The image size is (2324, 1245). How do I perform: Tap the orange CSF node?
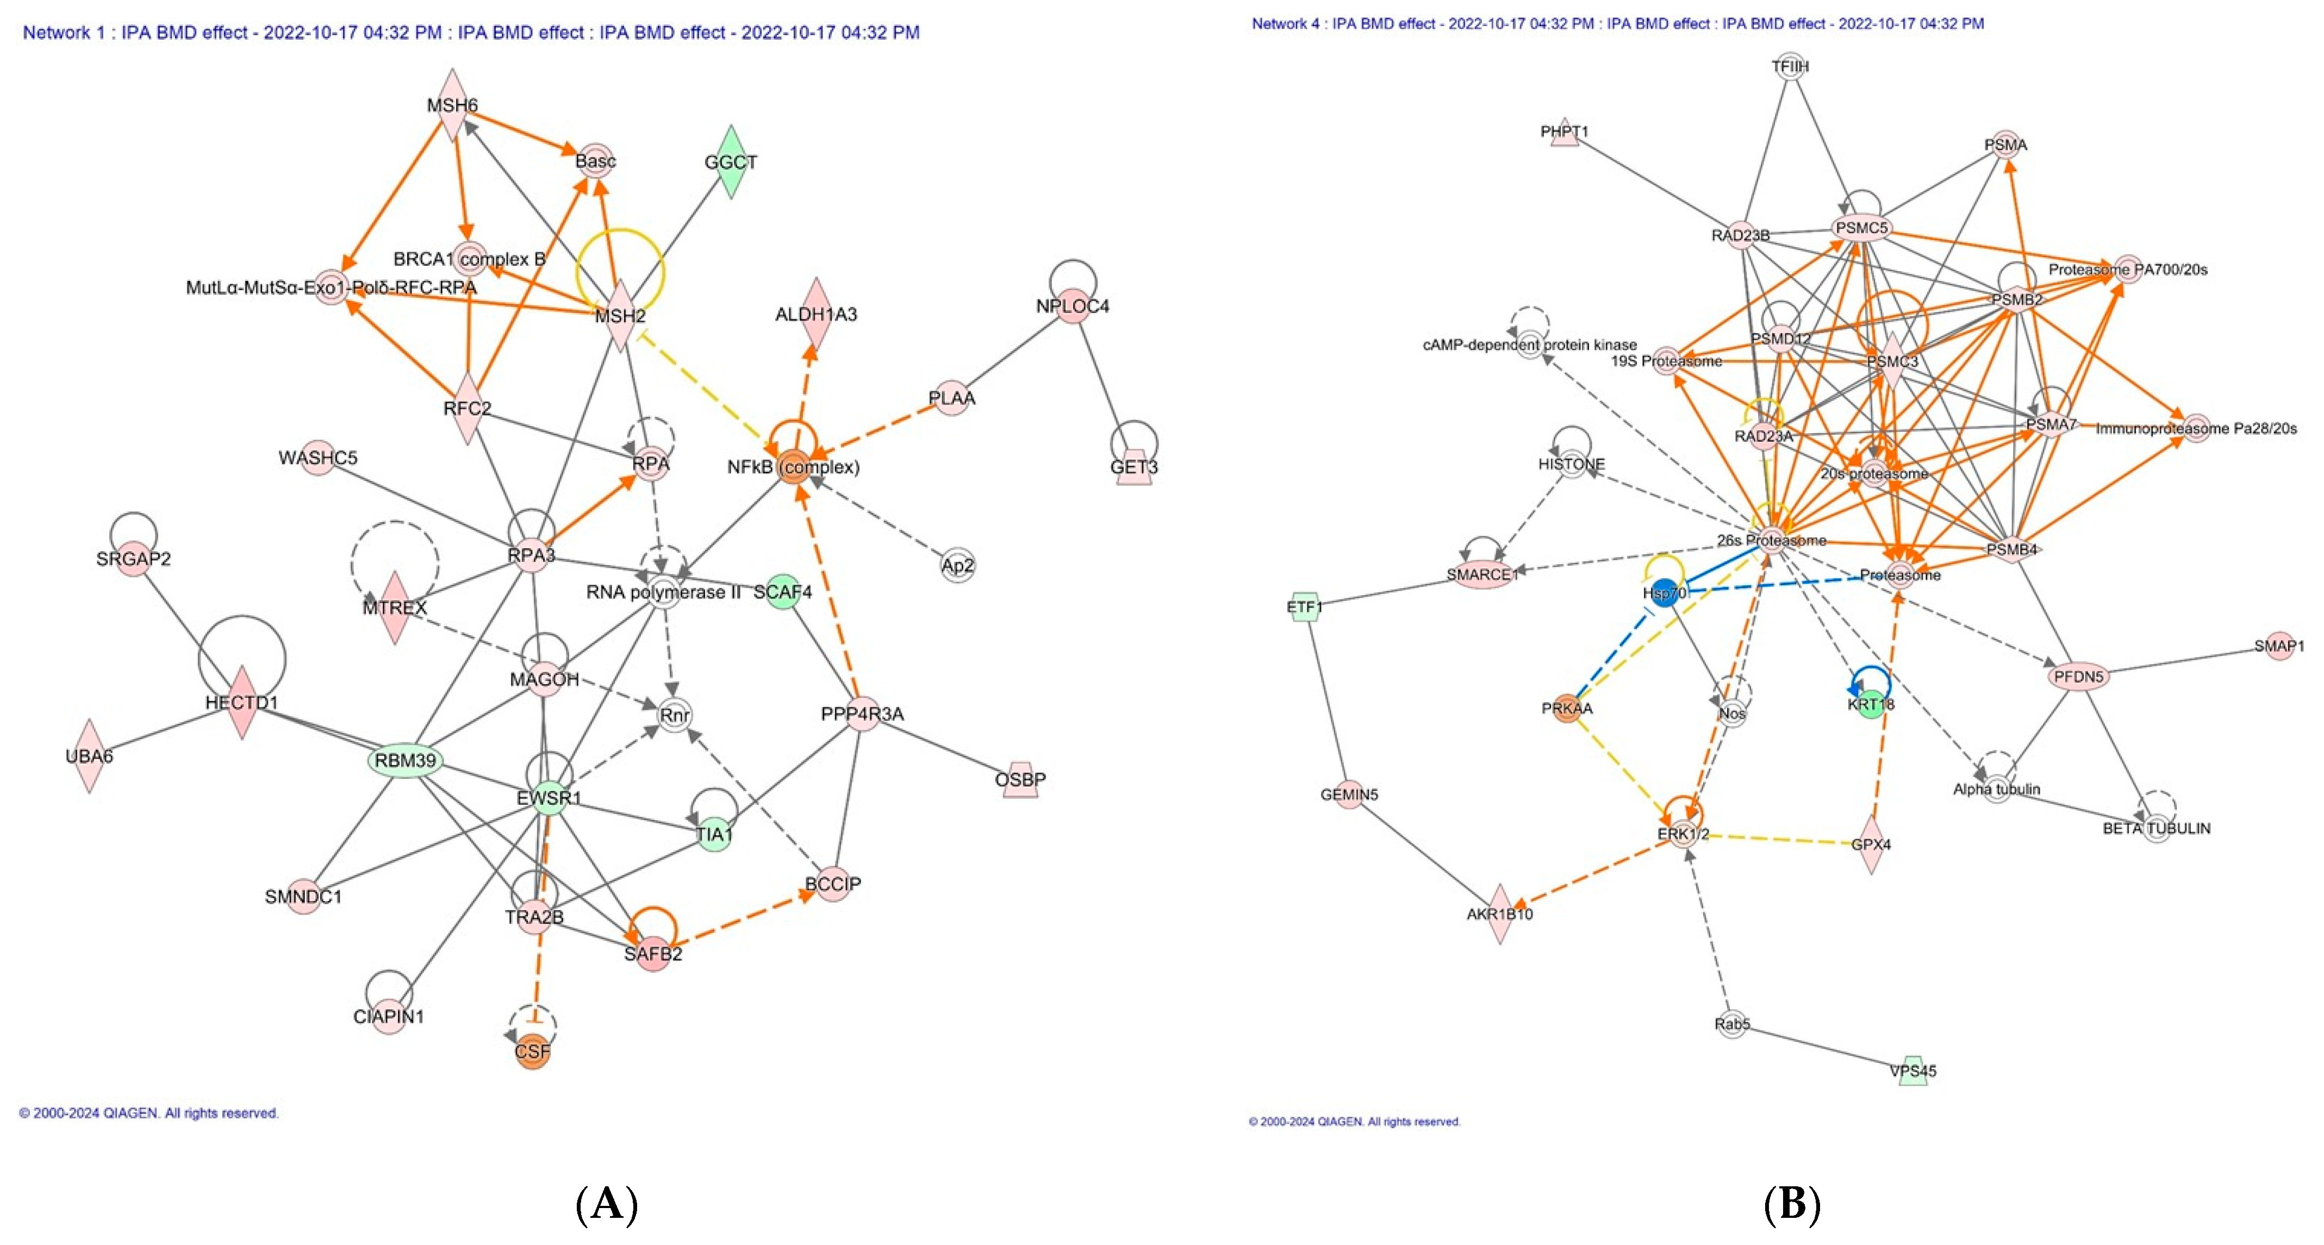(x=532, y=1051)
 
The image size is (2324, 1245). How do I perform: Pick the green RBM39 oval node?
(x=405, y=761)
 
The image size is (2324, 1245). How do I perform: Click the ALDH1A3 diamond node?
(x=815, y=314)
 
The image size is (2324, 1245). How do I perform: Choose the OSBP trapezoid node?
(x=1020, y=779)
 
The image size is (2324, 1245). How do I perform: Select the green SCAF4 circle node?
(x=782, y=592)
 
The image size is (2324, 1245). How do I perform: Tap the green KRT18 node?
(x=1871, y=704)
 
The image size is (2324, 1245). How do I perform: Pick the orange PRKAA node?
(x=1567, y=708)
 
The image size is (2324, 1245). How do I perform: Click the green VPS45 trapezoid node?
(x=1912, y=1071)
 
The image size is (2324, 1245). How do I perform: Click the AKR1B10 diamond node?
(x=1499, y=914)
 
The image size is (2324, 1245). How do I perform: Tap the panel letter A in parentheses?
(x=606, y=1204)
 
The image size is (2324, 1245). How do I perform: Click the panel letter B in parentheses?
(x=1792, y=1204)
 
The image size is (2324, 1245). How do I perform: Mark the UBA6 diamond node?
(x=89, y=756)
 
